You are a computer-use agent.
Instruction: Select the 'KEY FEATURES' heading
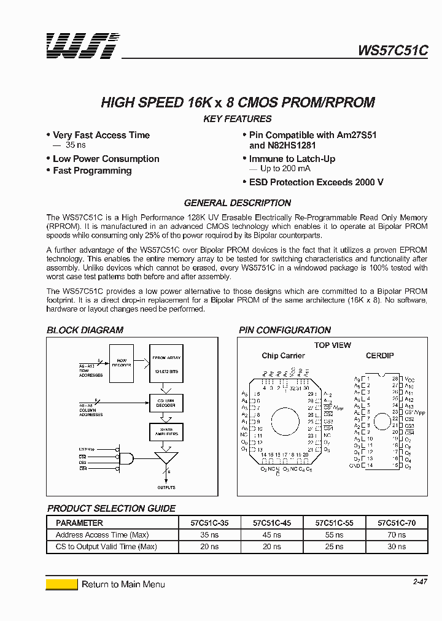click(x=237, y=119)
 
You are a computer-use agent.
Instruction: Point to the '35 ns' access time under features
click(x=76, y=145)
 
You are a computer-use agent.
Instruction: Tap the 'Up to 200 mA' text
click(x=285, y=169)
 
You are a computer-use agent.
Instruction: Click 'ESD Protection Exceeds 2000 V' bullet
click(x=316, y=182)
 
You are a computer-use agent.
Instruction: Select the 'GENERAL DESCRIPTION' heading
click(x=238, y=203)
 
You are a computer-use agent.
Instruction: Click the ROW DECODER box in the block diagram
click(x=122, y=361)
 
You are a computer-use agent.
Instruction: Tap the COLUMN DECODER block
click(x=166, y=403)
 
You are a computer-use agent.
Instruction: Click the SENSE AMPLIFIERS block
click(x=166, y=432)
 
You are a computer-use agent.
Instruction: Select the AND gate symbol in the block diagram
click(x=126, y=458)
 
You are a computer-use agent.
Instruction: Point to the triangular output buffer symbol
click(x=166, y=459)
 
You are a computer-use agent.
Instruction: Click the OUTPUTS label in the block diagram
click(x=166, y=488)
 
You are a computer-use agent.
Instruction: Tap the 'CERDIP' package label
click(x=380, y=356)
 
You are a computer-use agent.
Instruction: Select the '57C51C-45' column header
click(x=272, y=523)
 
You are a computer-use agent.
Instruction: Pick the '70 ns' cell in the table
click(x=397, y=535)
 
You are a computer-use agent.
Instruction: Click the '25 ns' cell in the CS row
click(x=334, y=547)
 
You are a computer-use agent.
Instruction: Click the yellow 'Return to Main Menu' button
click(x=61, y=584)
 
